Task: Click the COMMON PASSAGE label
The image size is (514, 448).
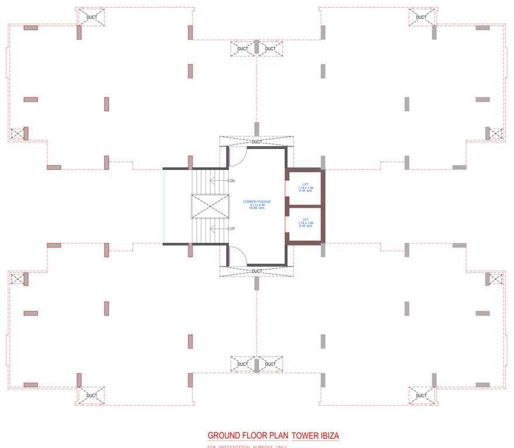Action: [257, 201]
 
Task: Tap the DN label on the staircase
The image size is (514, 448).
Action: [231, 181]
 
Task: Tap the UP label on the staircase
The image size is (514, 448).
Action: [231, 228]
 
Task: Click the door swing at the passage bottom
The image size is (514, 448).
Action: [237, 255]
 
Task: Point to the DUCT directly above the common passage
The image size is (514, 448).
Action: [257, 142]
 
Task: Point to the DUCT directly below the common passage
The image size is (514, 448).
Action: [257, 271]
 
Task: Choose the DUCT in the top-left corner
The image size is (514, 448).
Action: [92, 17]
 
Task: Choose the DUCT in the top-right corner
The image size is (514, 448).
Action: [421, 17]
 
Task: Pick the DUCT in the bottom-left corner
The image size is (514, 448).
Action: [92, 395]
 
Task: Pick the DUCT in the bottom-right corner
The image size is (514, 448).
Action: [421, 395]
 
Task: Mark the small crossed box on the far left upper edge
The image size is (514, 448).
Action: [18, 134]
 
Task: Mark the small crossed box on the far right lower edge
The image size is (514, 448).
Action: [495, 279]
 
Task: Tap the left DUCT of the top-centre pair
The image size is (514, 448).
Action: [243, 48]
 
